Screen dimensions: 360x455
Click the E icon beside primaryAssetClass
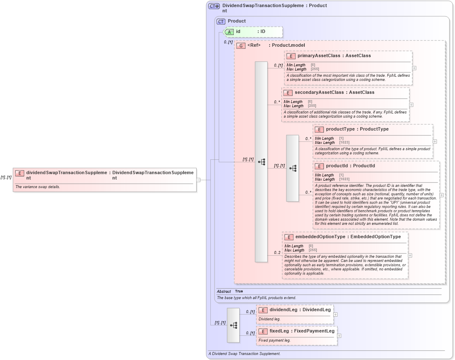click(291, 56)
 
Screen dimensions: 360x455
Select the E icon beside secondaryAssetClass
click(288, 93)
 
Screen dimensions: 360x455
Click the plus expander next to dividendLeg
click(336, 315)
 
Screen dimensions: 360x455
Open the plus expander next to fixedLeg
click(339, 335)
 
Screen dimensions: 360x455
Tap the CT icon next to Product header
click(221, 21)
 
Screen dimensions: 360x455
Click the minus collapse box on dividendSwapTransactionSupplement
click(199, 180)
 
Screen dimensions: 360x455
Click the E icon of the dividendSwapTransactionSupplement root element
click(19, 173)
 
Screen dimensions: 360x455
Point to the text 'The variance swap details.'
click(38, 187)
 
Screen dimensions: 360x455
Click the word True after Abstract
click(239, 291)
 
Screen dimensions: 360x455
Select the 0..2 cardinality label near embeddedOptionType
click(277, 253)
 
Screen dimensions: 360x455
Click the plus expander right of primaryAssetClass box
click(414, 68)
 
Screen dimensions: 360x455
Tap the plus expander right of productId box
click(442, 195)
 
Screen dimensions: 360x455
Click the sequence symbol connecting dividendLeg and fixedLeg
click(233, 325)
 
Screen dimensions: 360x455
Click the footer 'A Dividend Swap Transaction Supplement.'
click(244, 354)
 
